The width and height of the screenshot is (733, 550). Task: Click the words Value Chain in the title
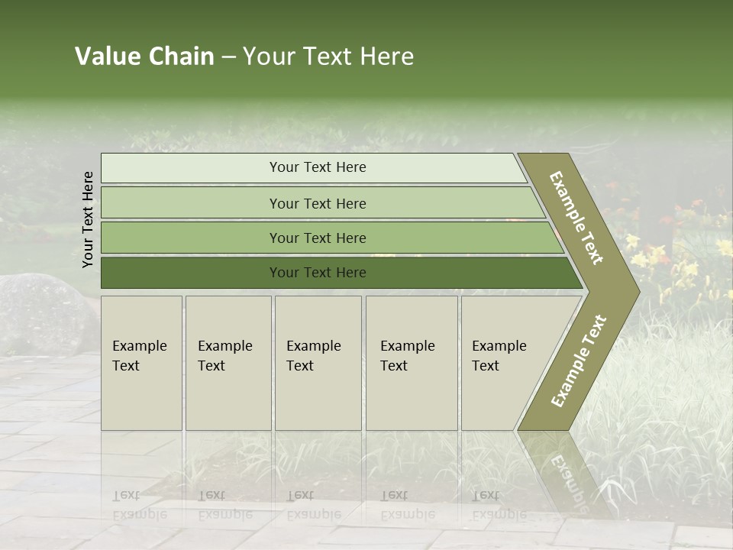(144, 57)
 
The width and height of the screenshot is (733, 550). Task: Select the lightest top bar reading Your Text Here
(317, 167)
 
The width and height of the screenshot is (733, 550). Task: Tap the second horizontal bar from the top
(317, 203)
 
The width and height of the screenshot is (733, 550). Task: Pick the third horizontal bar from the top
(317, 238)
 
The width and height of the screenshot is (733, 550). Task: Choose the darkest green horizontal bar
(317, 273)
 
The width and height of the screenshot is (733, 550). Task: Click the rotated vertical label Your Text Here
(88, 219)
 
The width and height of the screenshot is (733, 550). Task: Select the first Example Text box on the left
(141, 362)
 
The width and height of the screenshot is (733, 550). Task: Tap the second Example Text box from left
(228, 362)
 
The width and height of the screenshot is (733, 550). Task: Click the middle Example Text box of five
(318, 362)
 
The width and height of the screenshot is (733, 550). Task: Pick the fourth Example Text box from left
(411, 362)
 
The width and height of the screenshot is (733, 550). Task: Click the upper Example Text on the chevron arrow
(577, 217)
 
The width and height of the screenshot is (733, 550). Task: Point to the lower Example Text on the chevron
(579, 361)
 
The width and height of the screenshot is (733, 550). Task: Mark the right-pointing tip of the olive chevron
(637, 291)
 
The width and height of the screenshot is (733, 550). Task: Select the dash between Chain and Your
(228, 57)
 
